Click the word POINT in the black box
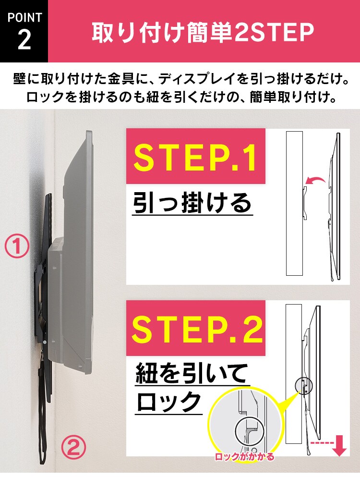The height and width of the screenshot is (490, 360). point(24,17)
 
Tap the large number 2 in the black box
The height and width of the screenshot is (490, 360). point(24,41)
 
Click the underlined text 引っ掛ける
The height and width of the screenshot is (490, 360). point(192,203)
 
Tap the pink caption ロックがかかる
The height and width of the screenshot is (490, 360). point(245,457)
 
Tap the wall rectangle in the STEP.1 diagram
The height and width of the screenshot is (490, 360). point(294,202)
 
